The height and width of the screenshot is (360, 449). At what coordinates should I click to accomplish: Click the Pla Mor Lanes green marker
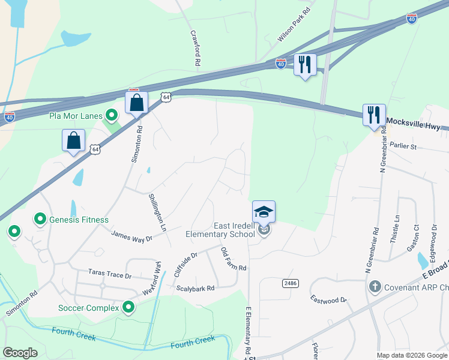111,114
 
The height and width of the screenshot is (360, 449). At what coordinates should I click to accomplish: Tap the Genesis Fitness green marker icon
40,220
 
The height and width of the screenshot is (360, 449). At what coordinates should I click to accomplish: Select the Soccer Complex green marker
128,308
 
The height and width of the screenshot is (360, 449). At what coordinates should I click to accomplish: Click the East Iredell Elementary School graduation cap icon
264,212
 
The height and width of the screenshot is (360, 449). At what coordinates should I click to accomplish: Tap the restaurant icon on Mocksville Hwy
374,115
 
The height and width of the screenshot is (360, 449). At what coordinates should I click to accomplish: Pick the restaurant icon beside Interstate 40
305,64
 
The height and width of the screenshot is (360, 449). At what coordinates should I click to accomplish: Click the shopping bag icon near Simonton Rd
137,102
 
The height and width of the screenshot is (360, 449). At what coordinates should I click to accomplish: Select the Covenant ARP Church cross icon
375,287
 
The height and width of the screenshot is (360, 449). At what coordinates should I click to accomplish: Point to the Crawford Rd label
195,48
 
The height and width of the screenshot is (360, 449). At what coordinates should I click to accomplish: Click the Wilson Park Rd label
294,25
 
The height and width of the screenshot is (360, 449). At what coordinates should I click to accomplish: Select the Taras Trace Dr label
109,274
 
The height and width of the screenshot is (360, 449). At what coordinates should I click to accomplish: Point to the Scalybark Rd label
195,289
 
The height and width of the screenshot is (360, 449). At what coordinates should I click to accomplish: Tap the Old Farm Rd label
234,259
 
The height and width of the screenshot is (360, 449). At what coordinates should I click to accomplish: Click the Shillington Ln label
157,212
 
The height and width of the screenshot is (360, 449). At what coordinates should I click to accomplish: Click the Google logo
20,352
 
